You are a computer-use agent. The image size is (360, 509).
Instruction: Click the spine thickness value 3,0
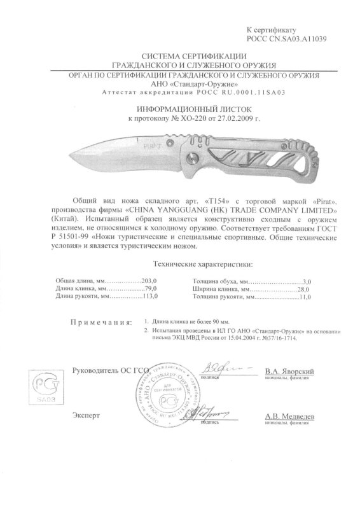tap(310, 281)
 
